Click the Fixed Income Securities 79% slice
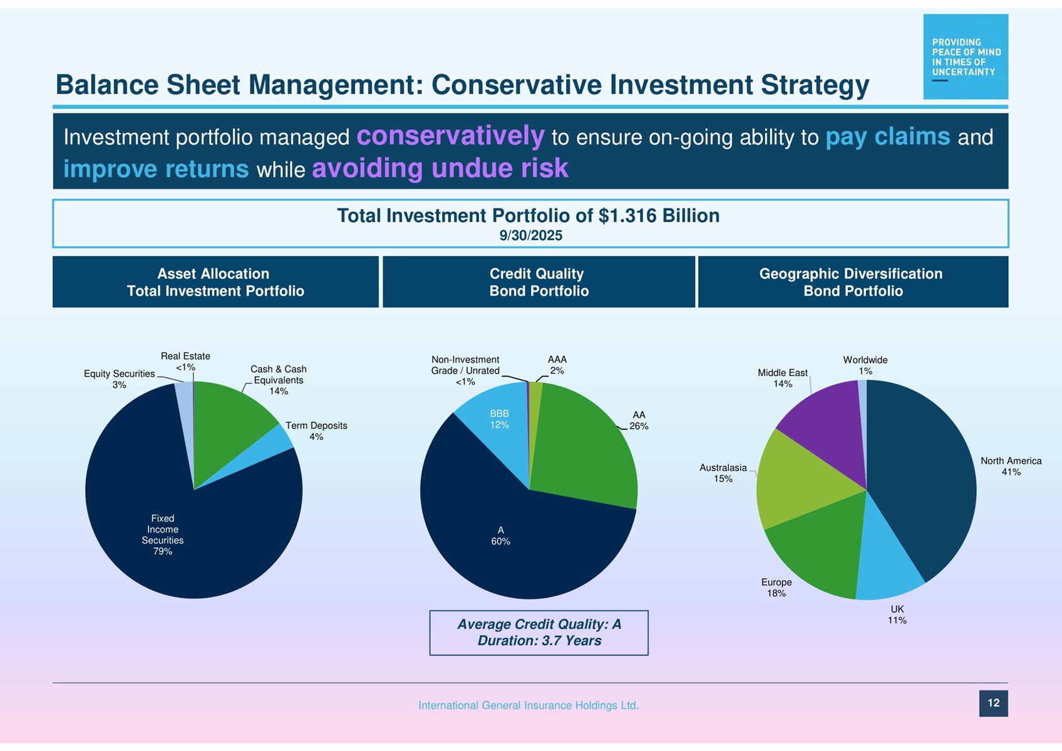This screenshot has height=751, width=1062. (x=190, y=536)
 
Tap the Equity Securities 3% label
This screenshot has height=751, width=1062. (x=120, y=379)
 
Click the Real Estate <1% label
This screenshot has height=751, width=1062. (x=185, y=362)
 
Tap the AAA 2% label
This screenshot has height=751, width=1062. (x=557, y=365)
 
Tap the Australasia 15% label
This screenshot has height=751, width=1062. (x=723, y=473)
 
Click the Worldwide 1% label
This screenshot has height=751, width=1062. (x=865, y=365)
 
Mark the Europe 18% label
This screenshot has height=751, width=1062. (x=776, y=588)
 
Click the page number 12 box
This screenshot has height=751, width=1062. (x=994, y=703)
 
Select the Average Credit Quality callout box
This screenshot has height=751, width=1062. (x=539, y=633)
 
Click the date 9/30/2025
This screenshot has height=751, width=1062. (x=531, y=235)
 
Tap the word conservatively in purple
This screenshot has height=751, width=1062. (x=450, y=136)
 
